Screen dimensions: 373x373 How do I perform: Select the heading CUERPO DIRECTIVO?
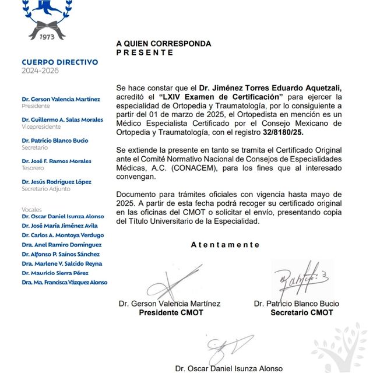click(x=60, y=62)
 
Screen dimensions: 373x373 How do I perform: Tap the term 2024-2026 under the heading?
click(x=40, y=71)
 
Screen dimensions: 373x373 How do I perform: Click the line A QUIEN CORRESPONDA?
click(x=163, y=44)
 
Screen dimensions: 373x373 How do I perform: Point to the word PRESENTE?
click(x=145, y=52)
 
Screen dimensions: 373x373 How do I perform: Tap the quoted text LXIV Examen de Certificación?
click(x=224, y=96)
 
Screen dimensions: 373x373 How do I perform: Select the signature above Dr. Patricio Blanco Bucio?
click(x=297, y=277)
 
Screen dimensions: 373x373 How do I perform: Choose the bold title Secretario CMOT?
click(x=301, y=312)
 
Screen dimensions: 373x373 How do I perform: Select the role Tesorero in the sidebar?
click(x=33, y=168)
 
